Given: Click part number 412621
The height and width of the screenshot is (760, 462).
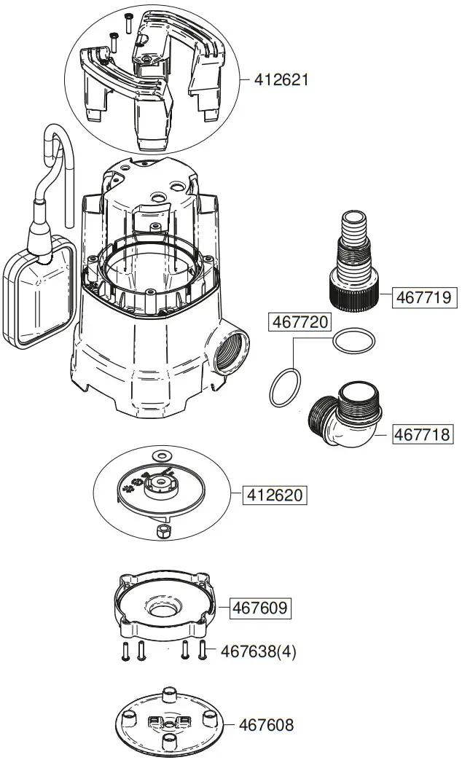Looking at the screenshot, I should click(x=281, y=79).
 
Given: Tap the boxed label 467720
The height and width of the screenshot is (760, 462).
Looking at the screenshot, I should click(x=300, y=321).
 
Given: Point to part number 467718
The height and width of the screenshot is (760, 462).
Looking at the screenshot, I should click(x=423, y=434).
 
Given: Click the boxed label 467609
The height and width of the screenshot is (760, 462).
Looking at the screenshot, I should click(x=260, y=607).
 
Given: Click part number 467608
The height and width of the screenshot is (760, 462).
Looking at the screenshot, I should click(x=267, y=725).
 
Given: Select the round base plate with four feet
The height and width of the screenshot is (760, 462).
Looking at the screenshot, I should click(x=168, y=724).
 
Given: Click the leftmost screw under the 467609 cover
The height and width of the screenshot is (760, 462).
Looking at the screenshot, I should click(x=125, y=651).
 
